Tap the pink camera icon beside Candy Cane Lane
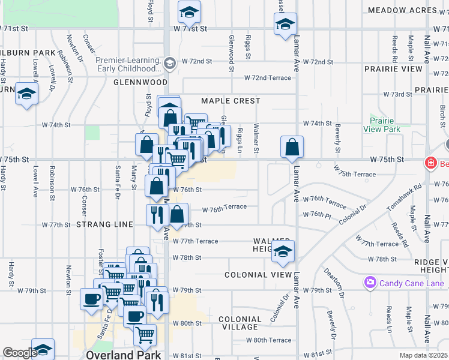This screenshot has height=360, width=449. click(370, 282)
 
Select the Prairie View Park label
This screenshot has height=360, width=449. click(382, 125)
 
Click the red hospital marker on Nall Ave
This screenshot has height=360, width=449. click(430, 163)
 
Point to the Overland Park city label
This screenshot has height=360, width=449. click(123, 354)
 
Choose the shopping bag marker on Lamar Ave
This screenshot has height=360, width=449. click(292, 147)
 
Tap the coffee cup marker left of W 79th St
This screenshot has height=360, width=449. click(91, 299)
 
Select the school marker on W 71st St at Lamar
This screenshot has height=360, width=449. click(285, 25)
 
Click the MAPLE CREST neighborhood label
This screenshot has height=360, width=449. click(231, 101)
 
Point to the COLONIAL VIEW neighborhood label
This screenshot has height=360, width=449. click(254, 275)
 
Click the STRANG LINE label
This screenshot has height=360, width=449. click(104, 224)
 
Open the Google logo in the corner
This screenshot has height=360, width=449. click(20, 353)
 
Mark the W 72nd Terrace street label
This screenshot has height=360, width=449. click(267, 78)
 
